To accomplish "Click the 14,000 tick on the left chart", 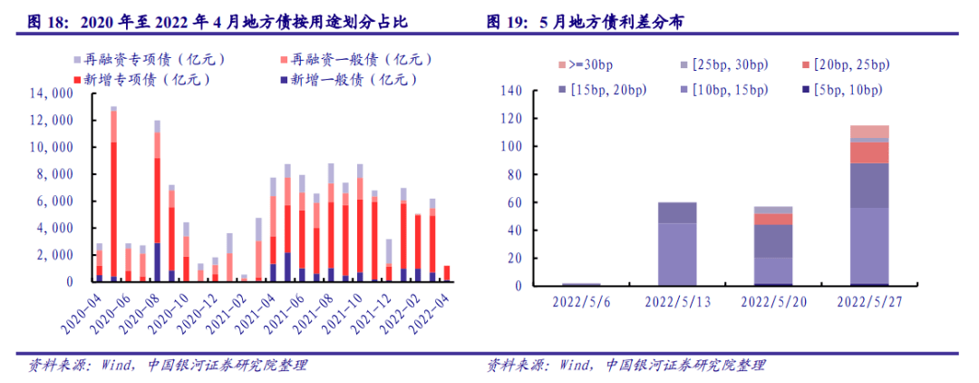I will (x=52, y=93).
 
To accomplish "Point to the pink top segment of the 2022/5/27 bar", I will (x=869, y=132).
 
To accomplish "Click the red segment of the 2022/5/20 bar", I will (x=773, y=219).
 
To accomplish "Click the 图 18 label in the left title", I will (x=49, y=21).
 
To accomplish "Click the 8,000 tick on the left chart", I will (x=55, y=174).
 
